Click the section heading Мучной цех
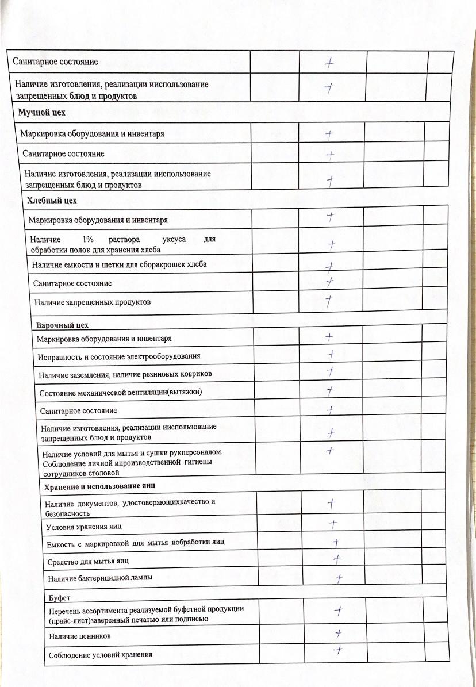click(x=42, y=113)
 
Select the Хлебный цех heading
click(x=52, y=200)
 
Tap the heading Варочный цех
click(x=63, y=325)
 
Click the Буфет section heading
click(x=59, y=598)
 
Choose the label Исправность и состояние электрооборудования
click(x=119, y=356)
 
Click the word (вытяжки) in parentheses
click(x=182, y=392)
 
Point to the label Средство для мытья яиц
click(x=88, y=561)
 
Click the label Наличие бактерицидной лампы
click(x=101, y=577)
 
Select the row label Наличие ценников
click(x=80, y=636)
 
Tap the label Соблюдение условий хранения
click(x=101, y=655)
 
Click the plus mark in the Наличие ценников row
click(x=339, y=633)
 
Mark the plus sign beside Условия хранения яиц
click(x=332, y=524)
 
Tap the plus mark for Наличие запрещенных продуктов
click(x=329, y=301)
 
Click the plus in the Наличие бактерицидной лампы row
click(x=339, y=578)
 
